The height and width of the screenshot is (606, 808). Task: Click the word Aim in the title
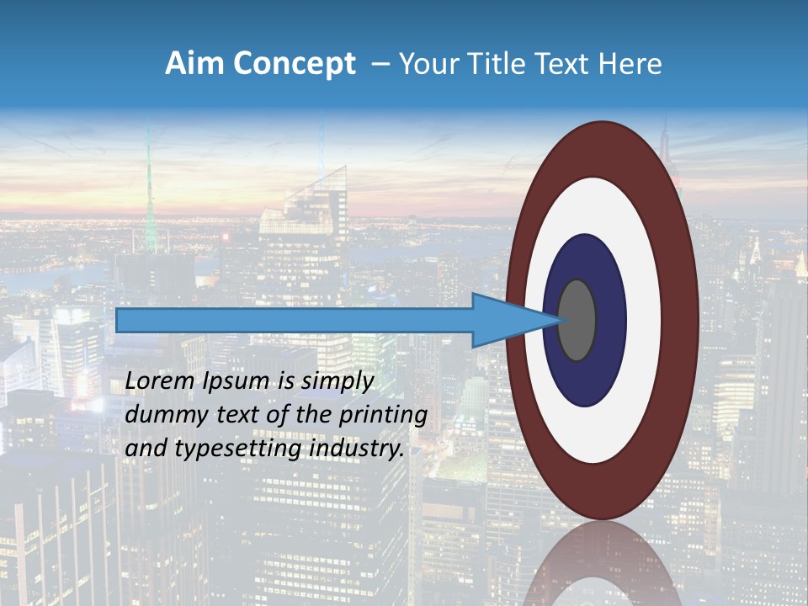tap(194, 64)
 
